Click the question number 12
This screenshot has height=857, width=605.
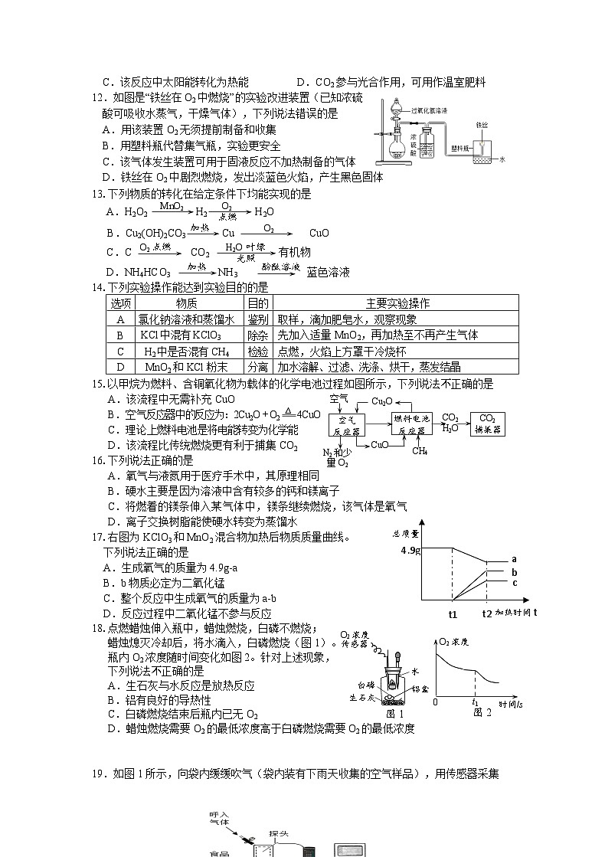click(96, 97)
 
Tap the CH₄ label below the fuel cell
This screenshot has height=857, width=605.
click(420, 450)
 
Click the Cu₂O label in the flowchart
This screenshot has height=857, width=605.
click(382, 401)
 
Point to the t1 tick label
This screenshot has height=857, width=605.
click(453, 614)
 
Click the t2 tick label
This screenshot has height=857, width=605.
click(487, 614)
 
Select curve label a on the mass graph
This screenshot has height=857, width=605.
click(515, 559)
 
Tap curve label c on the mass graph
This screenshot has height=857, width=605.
click(515, 583)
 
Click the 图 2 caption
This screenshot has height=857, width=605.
click(482, 712)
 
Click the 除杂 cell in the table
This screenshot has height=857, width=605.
click(257, 335)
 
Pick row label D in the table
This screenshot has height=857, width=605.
click(119, 367)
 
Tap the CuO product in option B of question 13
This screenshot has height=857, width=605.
click(319, 233)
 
